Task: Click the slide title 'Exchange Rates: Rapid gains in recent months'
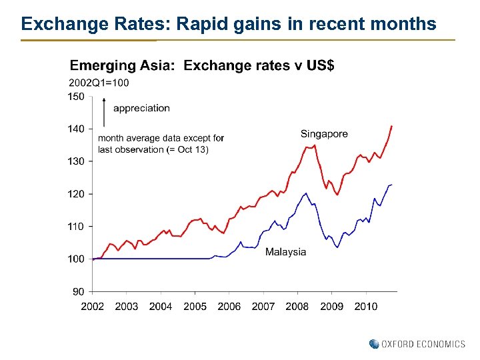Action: (228, 24)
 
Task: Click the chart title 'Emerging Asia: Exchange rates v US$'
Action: (202, 65)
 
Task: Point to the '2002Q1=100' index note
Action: (99, 83)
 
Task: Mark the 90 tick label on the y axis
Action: (79, 291)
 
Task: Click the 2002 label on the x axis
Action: (93, 306)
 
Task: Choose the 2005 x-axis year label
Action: (195, 306)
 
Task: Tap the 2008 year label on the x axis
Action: (297, 306)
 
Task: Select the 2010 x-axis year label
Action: (365, 306)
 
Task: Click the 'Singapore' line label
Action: (324, 134)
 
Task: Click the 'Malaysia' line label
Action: (285, 252)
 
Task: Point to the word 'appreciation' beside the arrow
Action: (141, 108)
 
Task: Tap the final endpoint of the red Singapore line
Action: (392, 125)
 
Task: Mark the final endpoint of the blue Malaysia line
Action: (392, 185)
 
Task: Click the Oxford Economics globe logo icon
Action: (374, 344)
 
